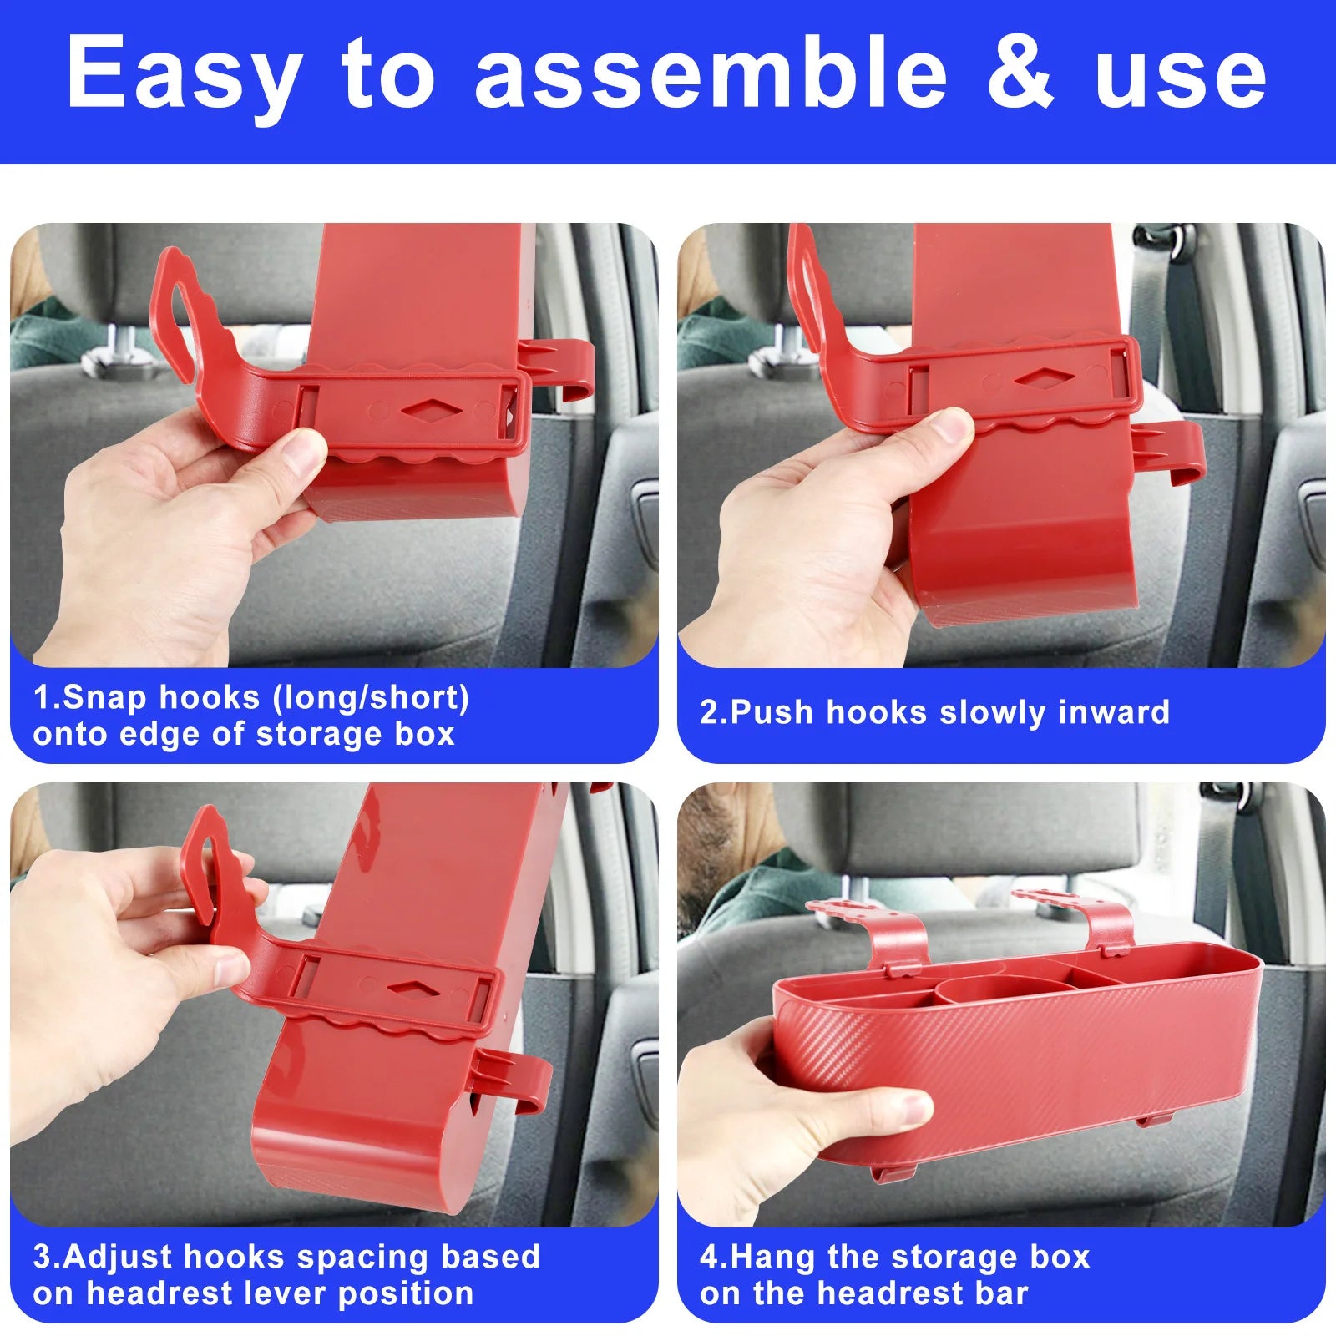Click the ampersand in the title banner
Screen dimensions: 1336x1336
click(1020, 73)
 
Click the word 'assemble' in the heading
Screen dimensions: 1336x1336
click(711, 72)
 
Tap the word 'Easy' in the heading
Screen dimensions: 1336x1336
click(185, 80)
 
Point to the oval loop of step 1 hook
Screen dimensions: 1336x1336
click(177, 309)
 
